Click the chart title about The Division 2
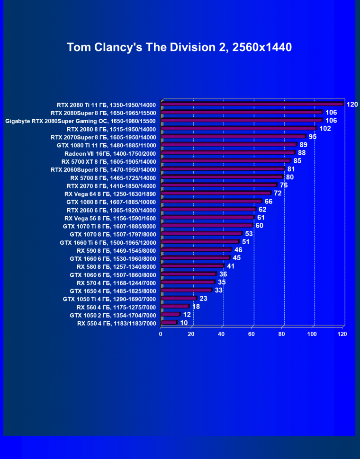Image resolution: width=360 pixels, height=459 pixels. click(179, 47)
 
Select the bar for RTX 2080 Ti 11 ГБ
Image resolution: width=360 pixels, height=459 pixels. click(252, 104)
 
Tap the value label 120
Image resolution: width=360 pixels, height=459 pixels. click(352, 104)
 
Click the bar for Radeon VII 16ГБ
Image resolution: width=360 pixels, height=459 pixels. click(228, 153)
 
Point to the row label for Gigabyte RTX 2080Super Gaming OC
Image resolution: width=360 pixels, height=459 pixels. click(81, 121)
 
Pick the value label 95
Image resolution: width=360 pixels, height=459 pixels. click(312, 137)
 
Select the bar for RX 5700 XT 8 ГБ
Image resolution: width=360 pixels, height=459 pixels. click(225, 161)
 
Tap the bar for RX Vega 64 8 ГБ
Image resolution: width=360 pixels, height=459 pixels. click(216, 193)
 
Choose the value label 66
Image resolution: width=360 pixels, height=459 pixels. click(269, 201)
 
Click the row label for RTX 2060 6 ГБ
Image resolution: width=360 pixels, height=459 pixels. click(111, 210)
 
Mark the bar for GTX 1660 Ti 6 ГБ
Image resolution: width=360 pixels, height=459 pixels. click(200, 242)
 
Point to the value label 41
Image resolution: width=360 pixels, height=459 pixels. click(231, 266)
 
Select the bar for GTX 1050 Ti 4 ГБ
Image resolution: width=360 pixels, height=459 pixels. click(179, 299)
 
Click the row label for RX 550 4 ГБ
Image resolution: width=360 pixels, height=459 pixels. click(117, 323)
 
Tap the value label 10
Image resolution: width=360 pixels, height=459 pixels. click(184, 323)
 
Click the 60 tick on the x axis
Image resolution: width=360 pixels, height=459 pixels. click(252, 334)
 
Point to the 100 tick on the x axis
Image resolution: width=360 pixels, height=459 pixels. click(312, 334)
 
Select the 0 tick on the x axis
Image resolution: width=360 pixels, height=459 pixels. click(161, 334)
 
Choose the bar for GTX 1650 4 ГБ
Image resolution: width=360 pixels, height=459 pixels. click(186, 291)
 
